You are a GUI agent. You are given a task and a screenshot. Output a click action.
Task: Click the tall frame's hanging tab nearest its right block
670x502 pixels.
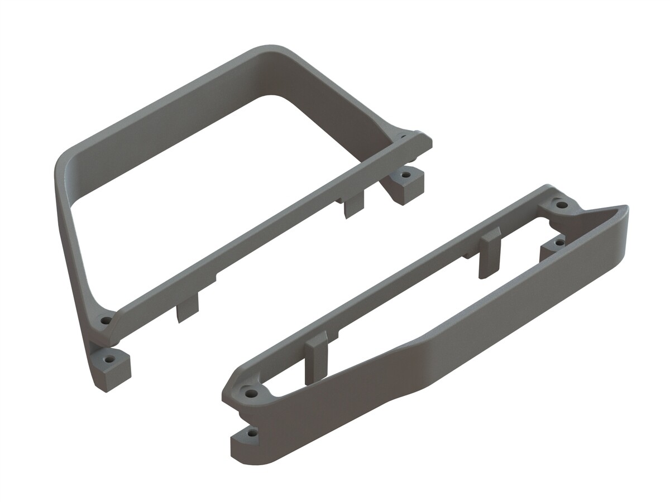(354, 204)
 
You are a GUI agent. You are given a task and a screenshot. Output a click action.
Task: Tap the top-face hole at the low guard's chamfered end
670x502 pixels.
(252, 393)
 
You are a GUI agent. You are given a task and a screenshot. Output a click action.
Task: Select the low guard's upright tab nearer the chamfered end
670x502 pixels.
(317, 357)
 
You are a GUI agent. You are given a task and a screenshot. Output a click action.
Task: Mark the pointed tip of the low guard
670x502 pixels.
(625, 209)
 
